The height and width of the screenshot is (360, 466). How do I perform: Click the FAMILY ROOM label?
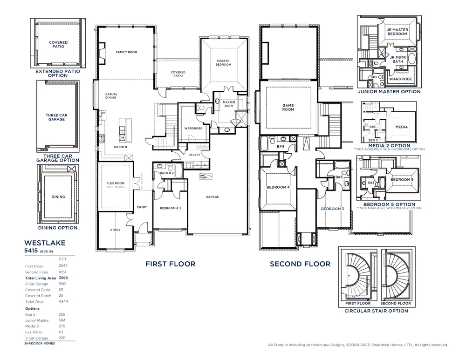(x=126, y=52)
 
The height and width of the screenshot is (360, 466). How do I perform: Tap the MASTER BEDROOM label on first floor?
(x=223, y=63)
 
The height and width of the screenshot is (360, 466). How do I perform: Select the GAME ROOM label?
(x=288, y=108)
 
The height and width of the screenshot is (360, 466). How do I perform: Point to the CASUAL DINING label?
(x=111, y=96)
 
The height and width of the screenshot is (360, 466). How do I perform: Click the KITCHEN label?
(x=121, y=147)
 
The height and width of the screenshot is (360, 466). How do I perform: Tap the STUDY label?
(x=115, y=230)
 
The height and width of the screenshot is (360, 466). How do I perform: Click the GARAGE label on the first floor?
(x=212, y=197)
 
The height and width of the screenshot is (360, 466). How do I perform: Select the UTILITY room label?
(x=194, y=155)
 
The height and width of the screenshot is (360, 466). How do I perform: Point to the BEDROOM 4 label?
(x=278, y=187)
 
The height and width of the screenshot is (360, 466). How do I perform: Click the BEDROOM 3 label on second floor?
(x=332, y=209)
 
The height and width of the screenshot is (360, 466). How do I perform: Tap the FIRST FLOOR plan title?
(x=170, y=264)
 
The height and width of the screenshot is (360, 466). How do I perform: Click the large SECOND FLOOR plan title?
(x=300, y=264)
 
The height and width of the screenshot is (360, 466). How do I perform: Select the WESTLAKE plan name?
(x=45, y=243)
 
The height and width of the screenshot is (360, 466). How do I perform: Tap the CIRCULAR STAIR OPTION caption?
(x=376, y=311)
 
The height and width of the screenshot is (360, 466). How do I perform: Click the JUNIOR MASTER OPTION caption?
(x=389, y=92)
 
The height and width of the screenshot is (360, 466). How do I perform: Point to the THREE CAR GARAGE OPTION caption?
(x=58, y=158)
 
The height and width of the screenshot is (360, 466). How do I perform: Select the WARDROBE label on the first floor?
(x=192, y=128)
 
